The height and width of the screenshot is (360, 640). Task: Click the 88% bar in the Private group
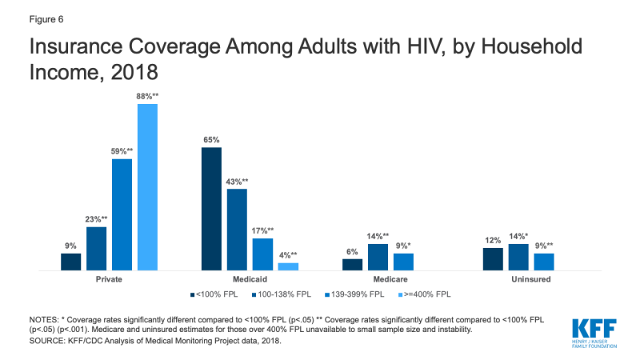tap(147, 188)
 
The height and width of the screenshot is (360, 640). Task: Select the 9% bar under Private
tap(70, 262)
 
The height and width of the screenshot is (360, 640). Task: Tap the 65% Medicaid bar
tap(211, 210)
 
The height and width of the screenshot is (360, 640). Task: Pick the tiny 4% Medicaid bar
tap(288, 267)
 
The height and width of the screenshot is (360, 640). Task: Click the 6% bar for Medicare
tap(352, 265)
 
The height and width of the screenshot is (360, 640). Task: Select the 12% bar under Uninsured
tap(493, 260)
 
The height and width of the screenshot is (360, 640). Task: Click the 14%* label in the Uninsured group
tap(519, 237)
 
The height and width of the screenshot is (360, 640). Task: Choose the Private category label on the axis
tap(109, 280)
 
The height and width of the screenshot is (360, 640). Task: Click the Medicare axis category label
tap(390, 280)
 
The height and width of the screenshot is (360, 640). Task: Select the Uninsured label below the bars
tap(531, 280)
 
